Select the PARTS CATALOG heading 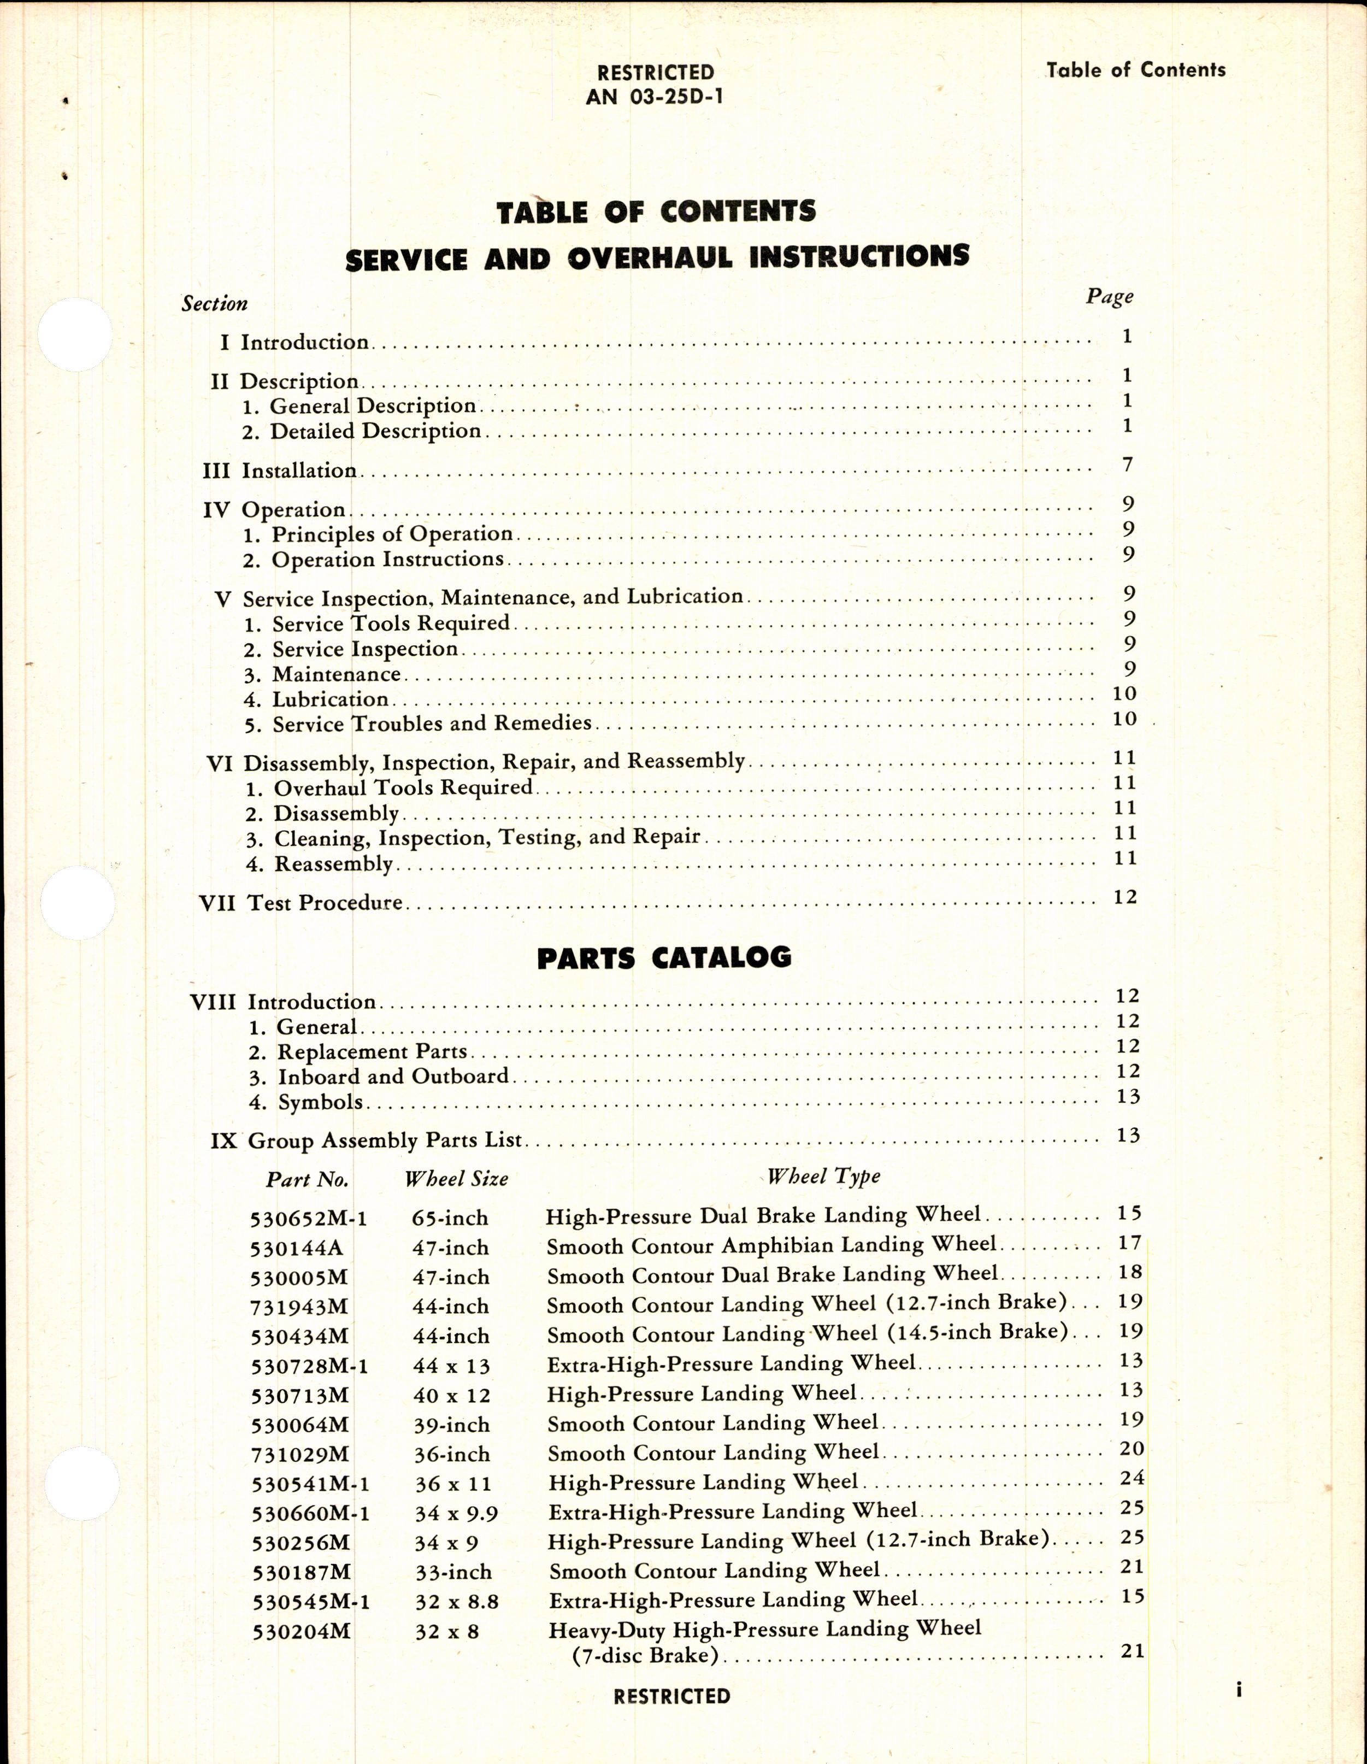coord(664,957)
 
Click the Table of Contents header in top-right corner coord(1135,70)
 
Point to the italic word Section coord(214,304)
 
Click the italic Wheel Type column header coord(823,1176)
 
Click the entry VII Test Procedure coord(301,902)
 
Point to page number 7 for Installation coord(1127,464)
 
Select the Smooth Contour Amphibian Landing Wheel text coord(771,1245)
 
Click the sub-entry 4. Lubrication coord(316,699)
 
